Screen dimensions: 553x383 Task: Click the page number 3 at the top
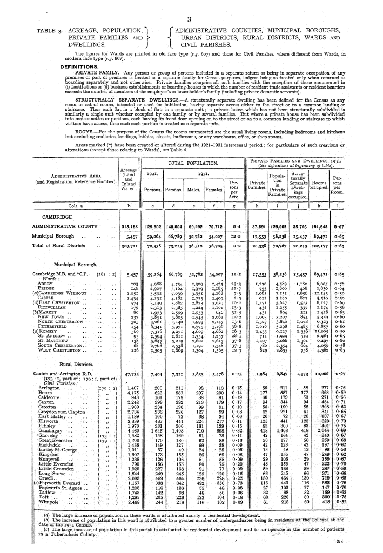pos(192,21)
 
